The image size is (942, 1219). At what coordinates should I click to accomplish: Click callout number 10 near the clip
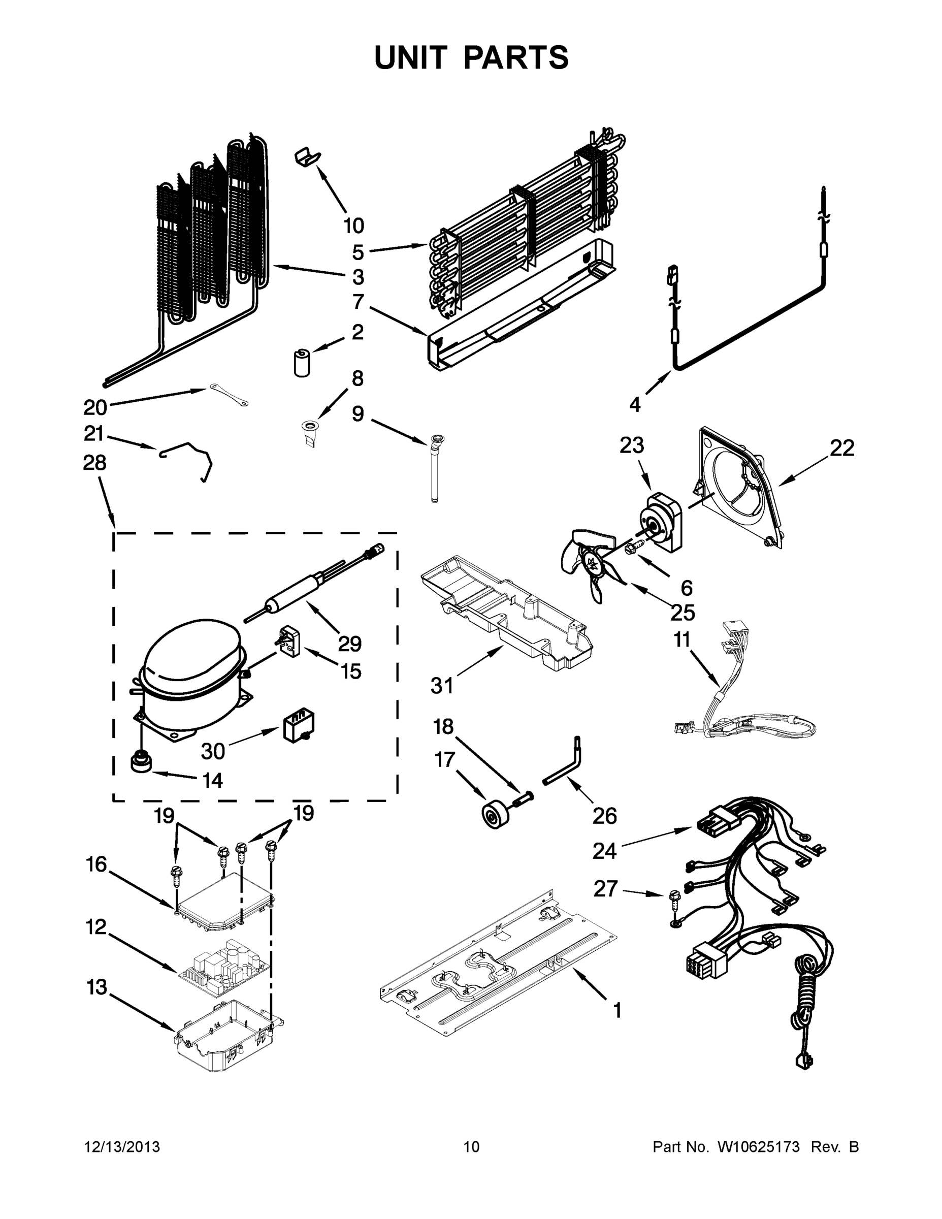(353, 226)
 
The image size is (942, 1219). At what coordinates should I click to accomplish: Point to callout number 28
(94, 463)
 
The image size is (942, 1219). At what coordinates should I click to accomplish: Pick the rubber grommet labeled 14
(142, 762)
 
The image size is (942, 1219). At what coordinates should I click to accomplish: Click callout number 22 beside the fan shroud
(841, 447)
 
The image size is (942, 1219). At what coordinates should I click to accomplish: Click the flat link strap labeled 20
(229, 395)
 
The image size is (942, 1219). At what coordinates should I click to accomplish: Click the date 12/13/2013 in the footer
(122, 1147)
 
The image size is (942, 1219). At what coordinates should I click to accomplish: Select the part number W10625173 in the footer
(757, 1147)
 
